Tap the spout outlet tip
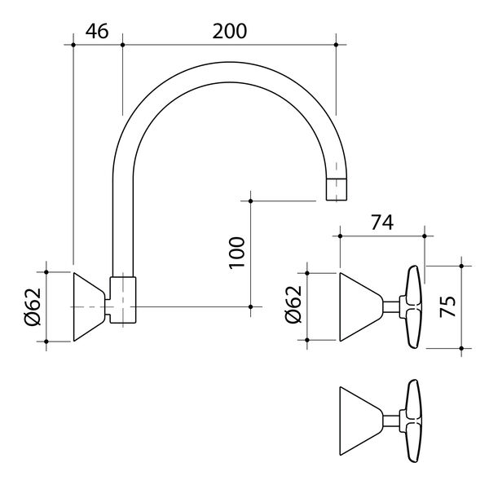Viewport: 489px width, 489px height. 337,189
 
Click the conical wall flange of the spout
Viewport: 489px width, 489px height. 86,306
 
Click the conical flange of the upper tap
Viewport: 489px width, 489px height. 359,306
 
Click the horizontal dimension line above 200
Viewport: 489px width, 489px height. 229,45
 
